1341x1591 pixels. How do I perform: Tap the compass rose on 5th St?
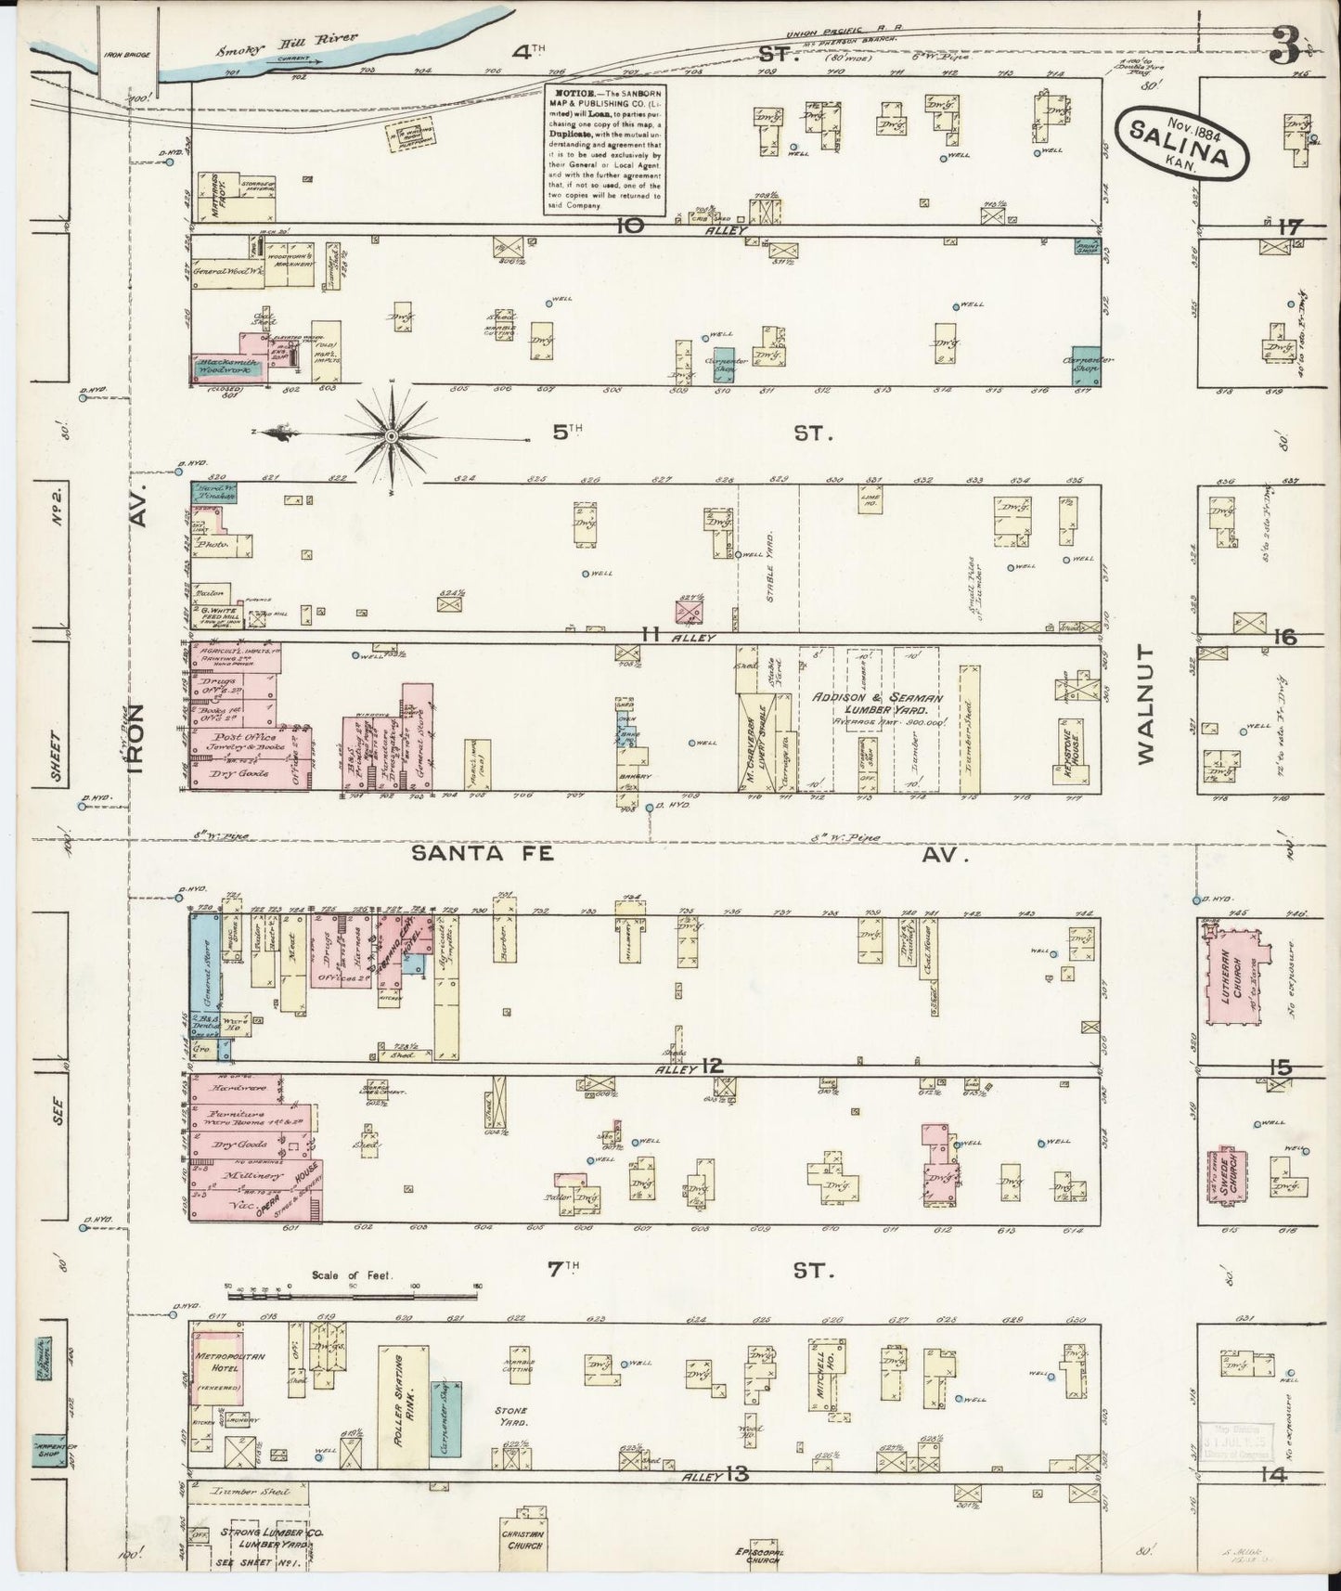[x=392, y=434]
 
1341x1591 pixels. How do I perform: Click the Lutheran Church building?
[x=1236, y=975]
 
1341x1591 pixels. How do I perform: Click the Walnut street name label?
[x=1146, y=704]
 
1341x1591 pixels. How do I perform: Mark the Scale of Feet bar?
[x=353, y=1287]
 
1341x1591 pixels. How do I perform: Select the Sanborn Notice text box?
[x=605, y=150]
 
